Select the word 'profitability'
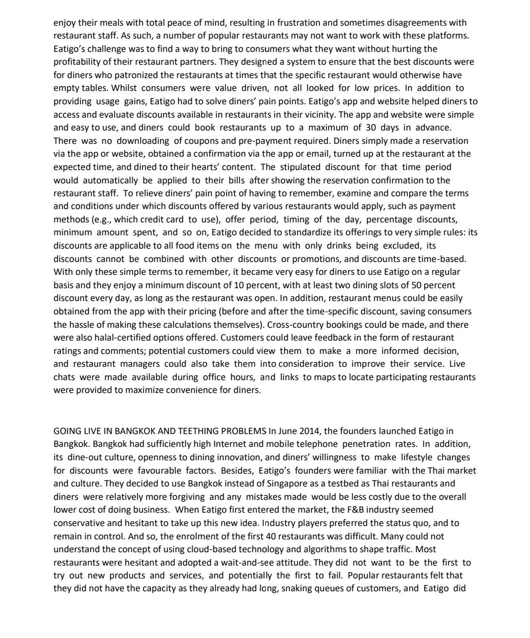[77, 62]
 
